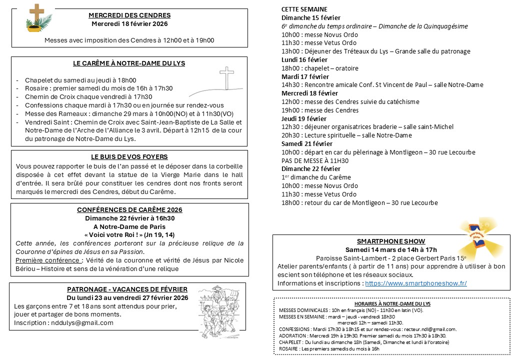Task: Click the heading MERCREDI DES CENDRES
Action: tap(129, 15)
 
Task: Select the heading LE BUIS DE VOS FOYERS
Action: tap(129, 157)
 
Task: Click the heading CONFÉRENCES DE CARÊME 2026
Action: tap(129, 209)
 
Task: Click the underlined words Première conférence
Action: tap(48, 260)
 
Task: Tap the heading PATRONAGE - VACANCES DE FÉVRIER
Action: tap(127, 289)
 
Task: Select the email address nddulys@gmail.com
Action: tap(82, 322)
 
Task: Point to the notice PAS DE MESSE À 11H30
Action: tap(315, 160)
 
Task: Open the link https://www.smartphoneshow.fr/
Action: tap(416, 283)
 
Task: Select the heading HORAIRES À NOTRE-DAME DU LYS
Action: tap(392, 303)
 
